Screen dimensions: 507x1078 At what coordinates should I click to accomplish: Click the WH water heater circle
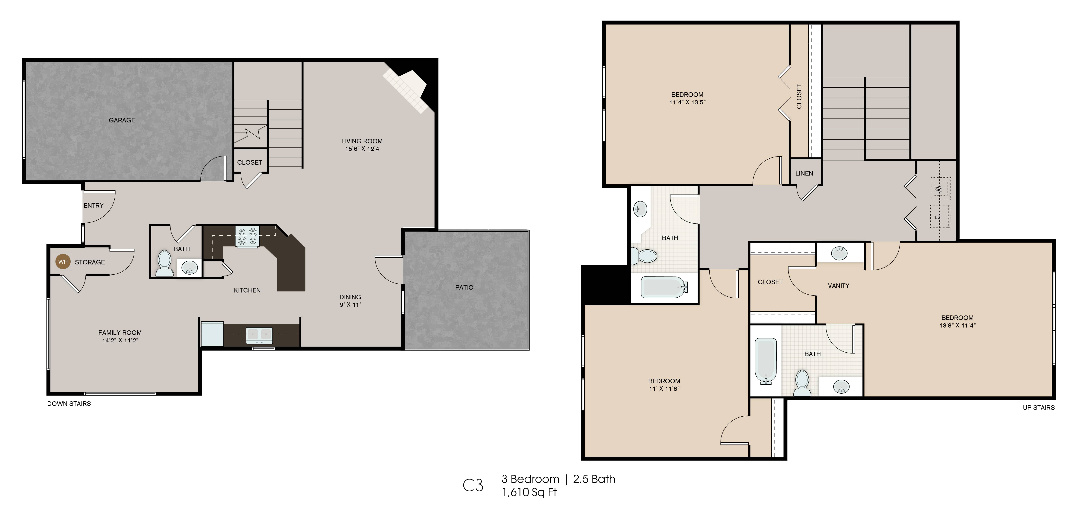(63, 262)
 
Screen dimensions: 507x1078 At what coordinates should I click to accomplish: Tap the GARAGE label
(122, 120)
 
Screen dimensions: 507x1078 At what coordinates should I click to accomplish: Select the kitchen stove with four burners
(247, 237)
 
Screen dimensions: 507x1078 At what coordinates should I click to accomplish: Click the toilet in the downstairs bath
(165, 264)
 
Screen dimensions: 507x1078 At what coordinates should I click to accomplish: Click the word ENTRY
(93, 205)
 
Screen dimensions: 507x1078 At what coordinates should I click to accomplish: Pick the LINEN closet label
(804, 173)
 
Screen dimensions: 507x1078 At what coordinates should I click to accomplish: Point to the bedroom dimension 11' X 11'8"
(664, 389)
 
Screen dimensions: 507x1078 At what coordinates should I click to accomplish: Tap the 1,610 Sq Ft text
(529, 492)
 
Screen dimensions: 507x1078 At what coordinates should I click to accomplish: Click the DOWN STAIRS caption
(69, 404)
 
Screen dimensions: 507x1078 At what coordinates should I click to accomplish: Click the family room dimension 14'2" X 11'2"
(120, 340)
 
